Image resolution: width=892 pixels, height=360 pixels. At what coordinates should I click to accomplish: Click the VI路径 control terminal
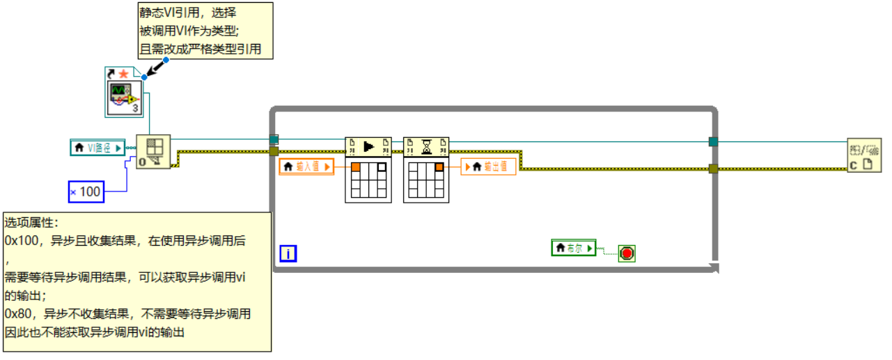click(97, 148)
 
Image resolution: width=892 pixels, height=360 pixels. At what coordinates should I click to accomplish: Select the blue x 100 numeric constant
click(86, 191)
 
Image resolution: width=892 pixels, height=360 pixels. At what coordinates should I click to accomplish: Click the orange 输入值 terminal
click(306, 166)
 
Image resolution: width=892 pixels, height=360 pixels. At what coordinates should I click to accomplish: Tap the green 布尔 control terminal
click(574, 248)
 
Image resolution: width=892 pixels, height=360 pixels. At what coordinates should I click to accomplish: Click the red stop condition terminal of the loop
click(627, 253)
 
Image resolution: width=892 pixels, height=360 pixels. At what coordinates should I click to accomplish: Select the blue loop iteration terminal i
click(288, 253)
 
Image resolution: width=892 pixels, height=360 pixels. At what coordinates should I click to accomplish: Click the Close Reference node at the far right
click(864, 155)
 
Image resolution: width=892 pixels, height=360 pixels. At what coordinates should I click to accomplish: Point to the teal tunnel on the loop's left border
click(274, 139)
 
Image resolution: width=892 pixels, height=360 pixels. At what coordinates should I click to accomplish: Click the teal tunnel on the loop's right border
click(713, 141)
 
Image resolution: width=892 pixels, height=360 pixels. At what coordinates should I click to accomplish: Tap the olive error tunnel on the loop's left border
click(274, 151)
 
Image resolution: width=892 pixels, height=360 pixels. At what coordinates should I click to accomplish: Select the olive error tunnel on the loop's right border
click(713, 168)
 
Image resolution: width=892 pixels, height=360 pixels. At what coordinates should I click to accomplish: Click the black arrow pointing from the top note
click(157, 68)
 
